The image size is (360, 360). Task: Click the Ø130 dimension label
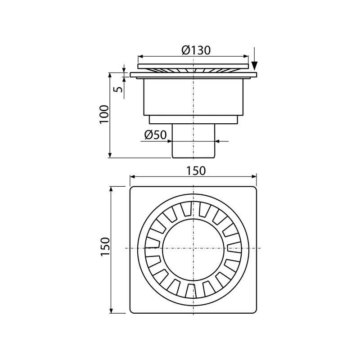click(196, 50)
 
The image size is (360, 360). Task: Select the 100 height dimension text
click(104, 115)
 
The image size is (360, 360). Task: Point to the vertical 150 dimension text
click(104, 247)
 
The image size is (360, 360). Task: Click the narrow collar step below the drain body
click(193, 120)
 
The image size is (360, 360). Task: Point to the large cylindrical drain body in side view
click(193, 97)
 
